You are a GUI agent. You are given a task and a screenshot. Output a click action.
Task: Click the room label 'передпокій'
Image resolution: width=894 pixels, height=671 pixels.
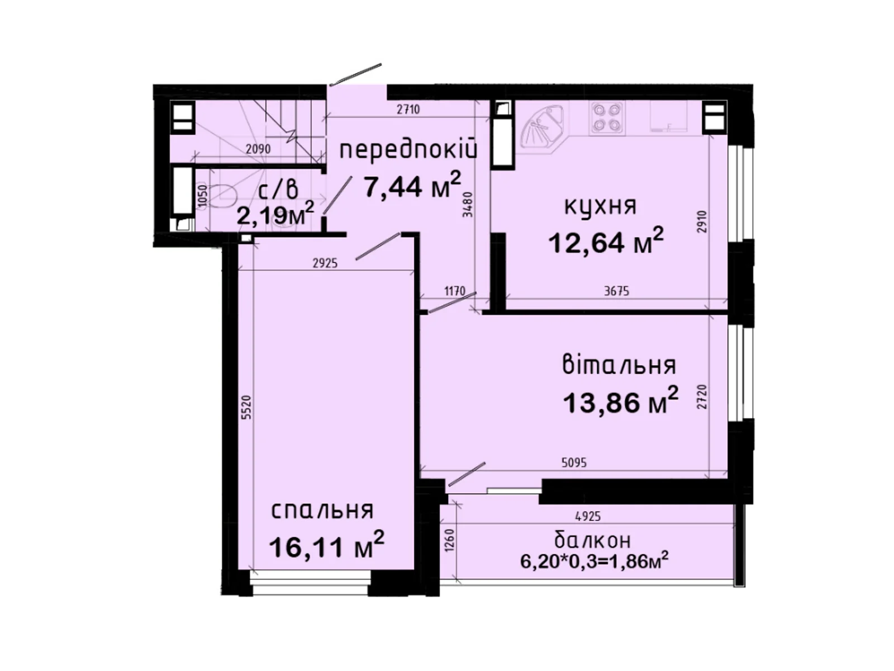click(x=408, y=150)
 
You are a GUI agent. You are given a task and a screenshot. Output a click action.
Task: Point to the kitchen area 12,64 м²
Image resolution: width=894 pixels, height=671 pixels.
click(x=606, y=240)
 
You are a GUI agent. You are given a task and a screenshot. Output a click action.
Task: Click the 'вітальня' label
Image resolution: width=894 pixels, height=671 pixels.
click(x=619, y=365)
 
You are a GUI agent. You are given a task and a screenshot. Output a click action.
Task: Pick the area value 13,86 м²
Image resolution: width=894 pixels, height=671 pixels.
click(x=621, y=400)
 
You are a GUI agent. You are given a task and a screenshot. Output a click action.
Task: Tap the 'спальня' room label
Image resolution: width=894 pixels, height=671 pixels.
click(x=322, y=511)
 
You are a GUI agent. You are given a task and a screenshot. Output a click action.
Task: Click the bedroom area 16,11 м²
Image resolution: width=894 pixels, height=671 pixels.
click(x=327, y=545)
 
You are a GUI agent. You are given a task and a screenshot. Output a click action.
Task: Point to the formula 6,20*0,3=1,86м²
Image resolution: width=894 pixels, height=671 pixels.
click(x=595, y=562)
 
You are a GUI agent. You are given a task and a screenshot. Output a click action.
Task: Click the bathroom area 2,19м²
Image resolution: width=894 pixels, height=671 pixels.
click(x=275, y=214)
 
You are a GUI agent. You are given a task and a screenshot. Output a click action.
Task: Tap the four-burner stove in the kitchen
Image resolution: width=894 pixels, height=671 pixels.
click(x=606, y=119)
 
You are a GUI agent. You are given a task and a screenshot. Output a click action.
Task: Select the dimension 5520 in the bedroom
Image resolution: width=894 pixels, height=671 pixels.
click(x=249, y=408)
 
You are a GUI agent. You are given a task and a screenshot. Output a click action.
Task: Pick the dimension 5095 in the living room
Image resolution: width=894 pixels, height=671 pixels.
click(x=574, y=463)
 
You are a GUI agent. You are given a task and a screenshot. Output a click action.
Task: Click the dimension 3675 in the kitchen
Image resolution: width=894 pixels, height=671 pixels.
click(x=617, y=291)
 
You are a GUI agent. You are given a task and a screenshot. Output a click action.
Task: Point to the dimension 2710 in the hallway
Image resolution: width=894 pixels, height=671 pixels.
click(x=408, y=109)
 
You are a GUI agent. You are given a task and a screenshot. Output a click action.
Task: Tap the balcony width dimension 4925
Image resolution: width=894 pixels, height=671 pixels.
click(x=588, y=517)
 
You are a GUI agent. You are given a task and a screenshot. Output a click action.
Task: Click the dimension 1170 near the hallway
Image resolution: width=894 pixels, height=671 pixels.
click(x=454, y=291)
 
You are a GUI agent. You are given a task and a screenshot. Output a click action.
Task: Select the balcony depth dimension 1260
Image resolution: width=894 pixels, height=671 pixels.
click(x=449, y=540)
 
